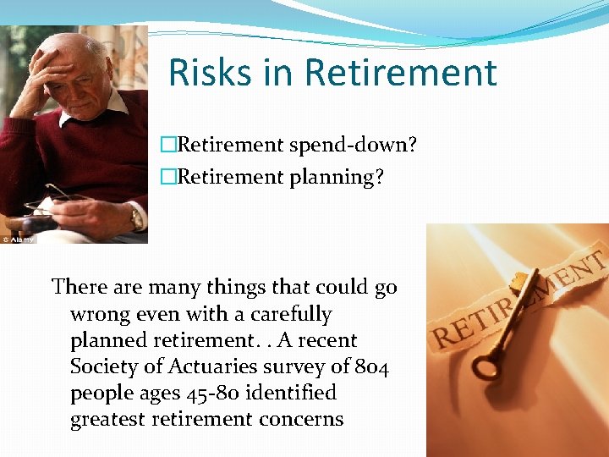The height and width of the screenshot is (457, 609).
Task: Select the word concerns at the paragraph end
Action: point(300,419)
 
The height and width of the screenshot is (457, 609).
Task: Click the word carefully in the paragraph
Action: point(288,314)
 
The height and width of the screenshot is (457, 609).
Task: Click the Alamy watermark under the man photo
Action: point(19,240)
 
